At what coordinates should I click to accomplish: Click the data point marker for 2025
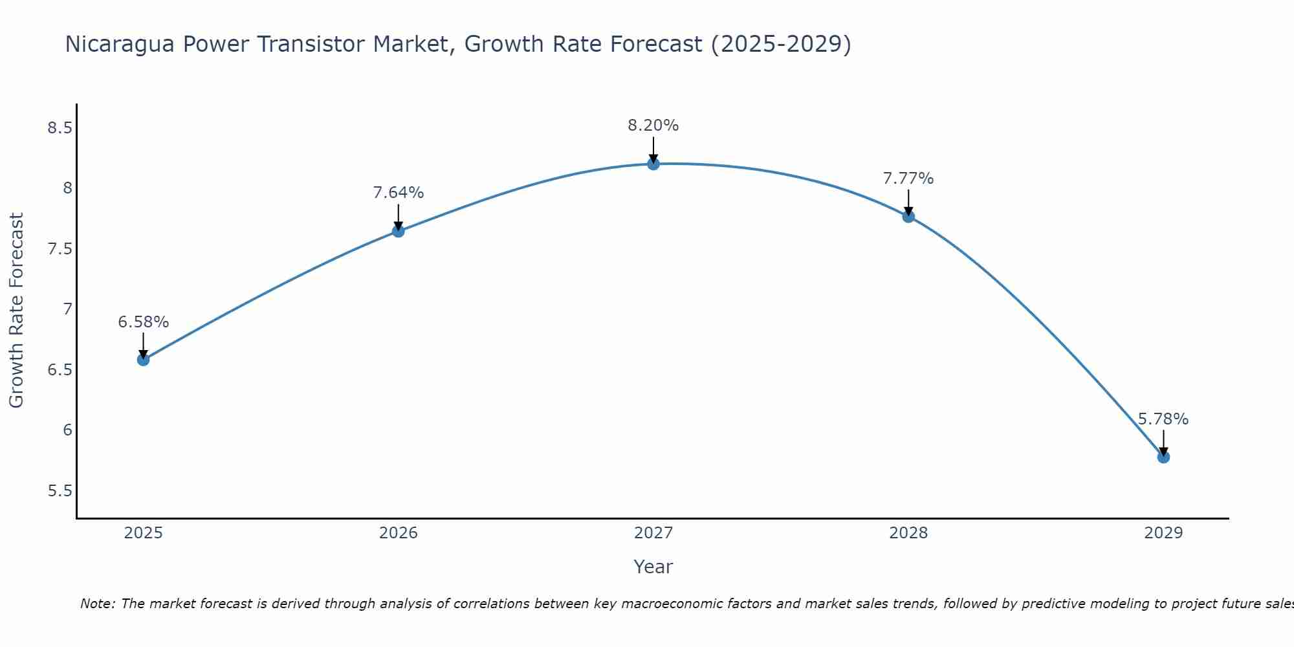pyautogui.click(x=143, y=360)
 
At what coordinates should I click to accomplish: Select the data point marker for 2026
pyautogui.click(x=398, y=231)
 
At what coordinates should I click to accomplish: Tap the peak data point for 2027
pyautogui.click(x=653, y=164)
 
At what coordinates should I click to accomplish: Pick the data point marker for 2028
pyautogui.click(x=908, y=216)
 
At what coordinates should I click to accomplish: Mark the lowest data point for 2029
pyautogui.click(x=1163, y=457)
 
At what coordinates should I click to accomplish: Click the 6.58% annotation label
pyautogui.click(x=143, y=322)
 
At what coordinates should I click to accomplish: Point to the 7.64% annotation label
pyautogui.click(x=398, y=193)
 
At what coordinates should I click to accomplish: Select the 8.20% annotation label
pyautogui.click(x=653, y=126)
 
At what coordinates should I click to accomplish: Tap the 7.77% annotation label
pyautogui.click(x=908, y=179)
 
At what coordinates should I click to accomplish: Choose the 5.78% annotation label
pyautogui.click(x=1163, y=419)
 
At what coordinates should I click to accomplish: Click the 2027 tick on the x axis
pyautogui.click(x=653, y=533)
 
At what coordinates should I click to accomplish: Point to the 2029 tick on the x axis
pyautogui.click(x=1163, y=533)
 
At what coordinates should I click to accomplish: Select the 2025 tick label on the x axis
pyautogui.click(x=143, y=533)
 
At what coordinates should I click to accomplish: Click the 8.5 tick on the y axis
pyautogui.click(x=60, y=128)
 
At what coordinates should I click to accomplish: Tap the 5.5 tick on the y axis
pyautogui.click(x=60, y=491)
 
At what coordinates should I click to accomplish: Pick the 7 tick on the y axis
pyautogui.click(x=67, y=309)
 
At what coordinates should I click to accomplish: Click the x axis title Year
pyautogui.click(x=653, y=567)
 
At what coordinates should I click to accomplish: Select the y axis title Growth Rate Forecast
pyautogui.click(x=16, y=311)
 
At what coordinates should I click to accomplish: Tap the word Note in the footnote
pyautogui.click(x=97, y=604)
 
